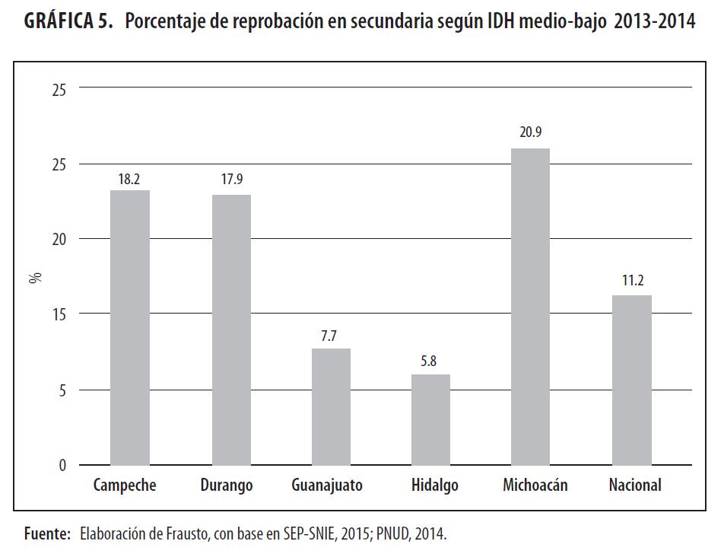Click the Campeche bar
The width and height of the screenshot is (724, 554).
[130, 327]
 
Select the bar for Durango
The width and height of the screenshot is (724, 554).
[231, 330]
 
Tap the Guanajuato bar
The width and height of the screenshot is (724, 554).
[331, 406]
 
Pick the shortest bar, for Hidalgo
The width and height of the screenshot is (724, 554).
[430, 419]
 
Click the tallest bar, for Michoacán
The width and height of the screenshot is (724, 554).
[530, 307]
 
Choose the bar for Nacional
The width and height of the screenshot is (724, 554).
[631, 380]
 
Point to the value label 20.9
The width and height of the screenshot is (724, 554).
[530, 132]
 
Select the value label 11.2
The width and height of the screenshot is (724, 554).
[631, 280]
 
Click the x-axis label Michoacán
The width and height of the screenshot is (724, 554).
[535, 486]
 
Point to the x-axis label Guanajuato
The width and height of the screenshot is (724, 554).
[327, 486]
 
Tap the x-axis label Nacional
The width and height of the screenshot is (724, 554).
[635, 486]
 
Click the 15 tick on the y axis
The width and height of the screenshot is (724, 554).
[59, 314]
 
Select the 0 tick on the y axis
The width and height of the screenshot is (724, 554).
[63, 465]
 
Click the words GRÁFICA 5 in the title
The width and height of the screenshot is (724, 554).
[68, 21]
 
